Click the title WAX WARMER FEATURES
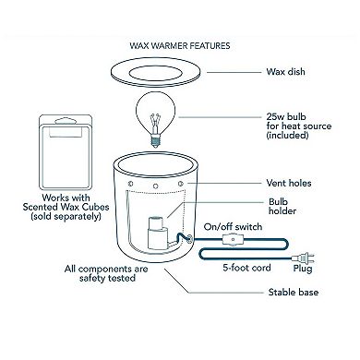pyautogui.click(x=179, y=43)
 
